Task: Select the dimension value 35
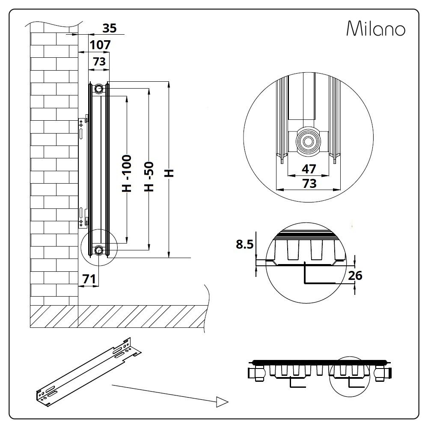[109, 28]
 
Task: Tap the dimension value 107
[100, 45]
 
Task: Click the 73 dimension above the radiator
[99, 62]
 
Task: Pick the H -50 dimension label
[149, 175]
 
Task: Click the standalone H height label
[170, 172]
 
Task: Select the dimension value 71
[89, 279]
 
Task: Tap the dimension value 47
[309, 169]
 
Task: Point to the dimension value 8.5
[245, 244]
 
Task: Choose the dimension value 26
[355, 276]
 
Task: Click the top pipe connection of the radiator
[99, 88]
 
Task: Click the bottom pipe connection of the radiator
[99, 250]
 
